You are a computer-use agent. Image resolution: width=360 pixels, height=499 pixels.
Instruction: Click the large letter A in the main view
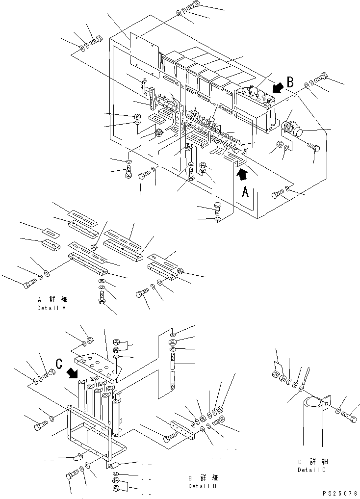click(245, 192)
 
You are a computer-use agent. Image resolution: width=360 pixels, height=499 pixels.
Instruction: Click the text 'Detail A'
click(51, 308)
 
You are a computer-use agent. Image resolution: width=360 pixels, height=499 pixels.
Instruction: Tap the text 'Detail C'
click(312, 470)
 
